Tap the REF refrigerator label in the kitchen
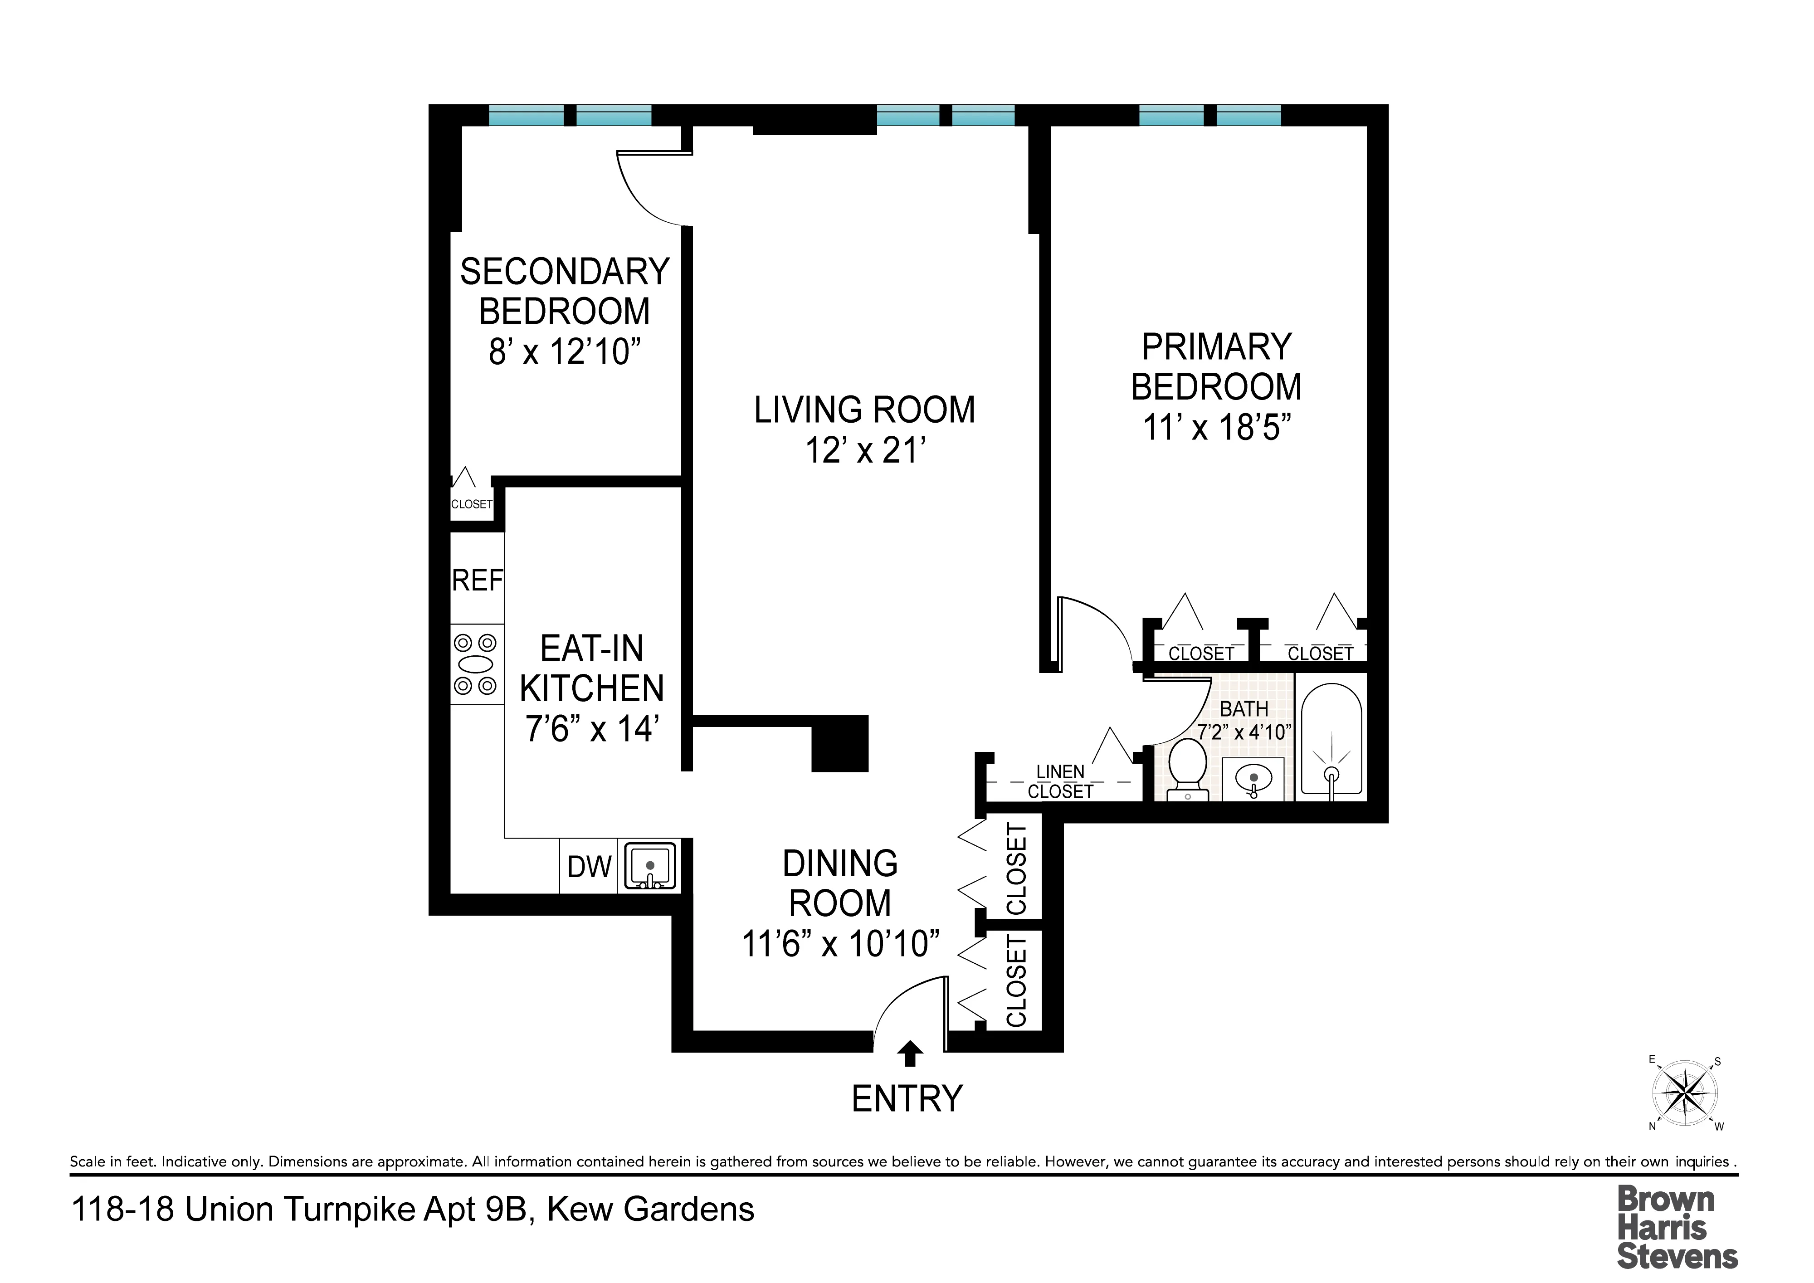point(477,581)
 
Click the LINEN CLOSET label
point(1060,781)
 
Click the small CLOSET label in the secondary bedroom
point(472,504)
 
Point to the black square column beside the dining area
point(841,743)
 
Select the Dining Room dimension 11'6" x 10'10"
point(840,944)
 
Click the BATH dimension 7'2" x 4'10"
point(1244,732)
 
